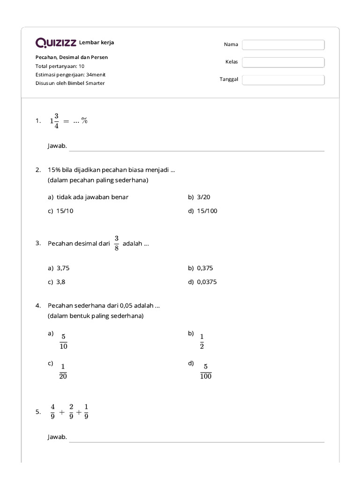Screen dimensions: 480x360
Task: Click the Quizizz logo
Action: click(56, 43)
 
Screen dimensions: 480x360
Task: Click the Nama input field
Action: click(283, 45)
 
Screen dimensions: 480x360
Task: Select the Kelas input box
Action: click(283, 62)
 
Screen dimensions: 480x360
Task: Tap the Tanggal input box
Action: click(283, 80)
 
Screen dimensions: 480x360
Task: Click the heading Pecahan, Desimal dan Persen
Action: click(72, 57)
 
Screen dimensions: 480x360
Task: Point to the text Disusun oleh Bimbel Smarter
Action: click(70, 83)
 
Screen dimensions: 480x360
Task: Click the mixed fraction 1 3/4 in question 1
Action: click(54, 120)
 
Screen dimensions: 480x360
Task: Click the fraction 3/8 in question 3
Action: click(116, 243)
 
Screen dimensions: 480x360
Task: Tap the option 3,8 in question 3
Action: click(61, 282)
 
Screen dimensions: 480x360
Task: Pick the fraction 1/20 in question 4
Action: click(63, 371)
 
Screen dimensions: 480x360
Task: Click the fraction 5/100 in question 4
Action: click(205, 371)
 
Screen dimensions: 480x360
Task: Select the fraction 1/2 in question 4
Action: click(202, 342)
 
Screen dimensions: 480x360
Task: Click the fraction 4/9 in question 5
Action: click(53, 412)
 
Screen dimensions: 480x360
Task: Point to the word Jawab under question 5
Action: click(57, 437)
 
